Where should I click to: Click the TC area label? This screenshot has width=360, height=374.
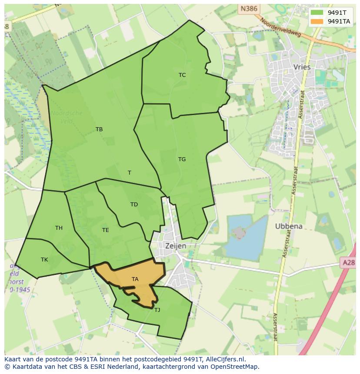click(182, 75)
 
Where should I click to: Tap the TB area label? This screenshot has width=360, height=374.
click(99, 129)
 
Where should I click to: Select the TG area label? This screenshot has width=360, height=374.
click(182, 159)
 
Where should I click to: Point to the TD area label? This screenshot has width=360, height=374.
click(134, 205)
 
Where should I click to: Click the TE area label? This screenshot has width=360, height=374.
click(106, 230)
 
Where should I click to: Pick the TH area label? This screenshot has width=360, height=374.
click(59, 228)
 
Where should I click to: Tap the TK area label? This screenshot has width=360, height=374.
click(44, 260)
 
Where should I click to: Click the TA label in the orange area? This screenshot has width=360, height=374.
click(135, 279)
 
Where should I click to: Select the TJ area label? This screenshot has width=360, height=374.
click(157, 310)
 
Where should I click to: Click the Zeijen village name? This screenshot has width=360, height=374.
click(176, 246)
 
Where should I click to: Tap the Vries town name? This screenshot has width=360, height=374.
click(302, 67)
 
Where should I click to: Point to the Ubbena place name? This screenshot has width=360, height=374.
click(289, 226)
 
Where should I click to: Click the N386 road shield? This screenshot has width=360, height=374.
click(248, 8)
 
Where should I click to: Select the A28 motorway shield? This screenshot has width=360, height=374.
click(348, 262)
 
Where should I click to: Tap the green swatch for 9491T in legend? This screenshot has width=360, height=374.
click(317, 13)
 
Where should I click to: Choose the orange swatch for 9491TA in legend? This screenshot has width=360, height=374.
click(317, 21)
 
